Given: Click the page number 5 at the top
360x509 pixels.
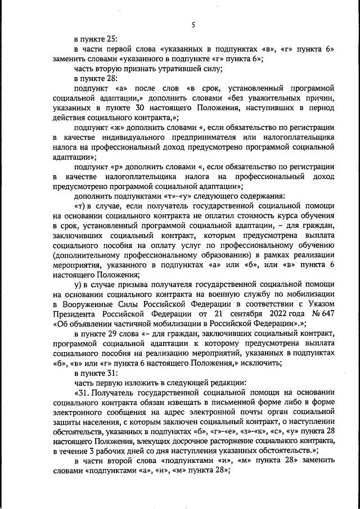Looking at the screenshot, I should pos(192,24).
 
